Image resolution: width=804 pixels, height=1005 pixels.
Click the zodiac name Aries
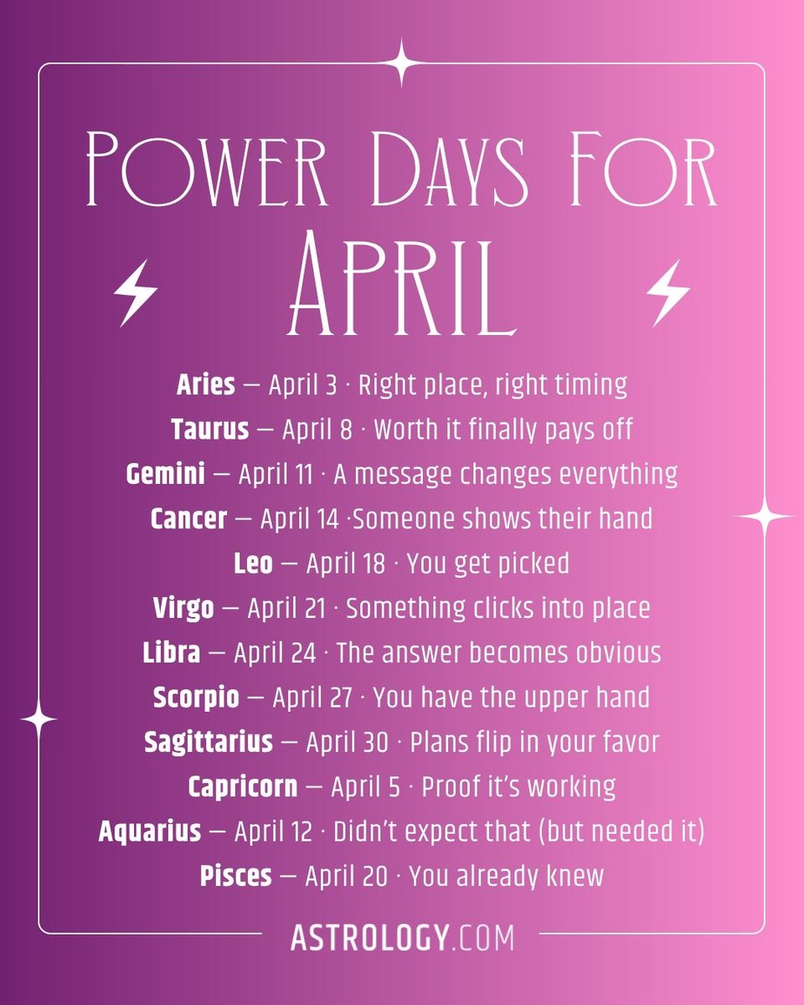point(205,385)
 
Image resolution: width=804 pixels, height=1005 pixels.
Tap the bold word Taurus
point(210,430)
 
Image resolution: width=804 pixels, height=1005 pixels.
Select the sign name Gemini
point(165,474)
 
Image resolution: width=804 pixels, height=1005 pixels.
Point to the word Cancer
point(188,519)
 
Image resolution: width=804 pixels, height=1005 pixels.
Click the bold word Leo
point(253,564)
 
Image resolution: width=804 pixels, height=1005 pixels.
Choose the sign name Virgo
point(183,608)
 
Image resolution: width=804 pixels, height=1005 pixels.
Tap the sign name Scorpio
point(196,697)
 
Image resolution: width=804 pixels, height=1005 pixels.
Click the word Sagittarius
point(209,742)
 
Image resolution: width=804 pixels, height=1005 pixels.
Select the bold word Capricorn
point(242,786)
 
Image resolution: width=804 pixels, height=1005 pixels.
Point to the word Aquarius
point(150,832)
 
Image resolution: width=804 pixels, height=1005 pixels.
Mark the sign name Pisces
point(235,876)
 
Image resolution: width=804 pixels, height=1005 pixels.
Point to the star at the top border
point(402,63)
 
